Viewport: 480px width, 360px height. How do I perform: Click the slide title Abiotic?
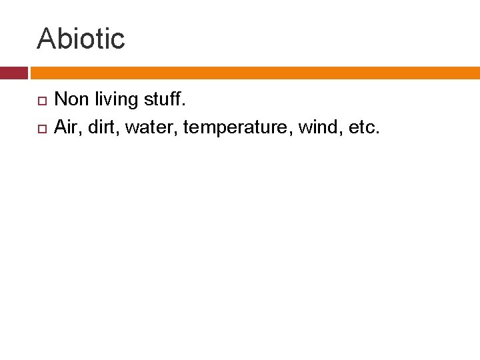[81, 39]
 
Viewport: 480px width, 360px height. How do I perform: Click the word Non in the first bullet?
[69, 100]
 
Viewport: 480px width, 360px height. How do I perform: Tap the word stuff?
[161, 100]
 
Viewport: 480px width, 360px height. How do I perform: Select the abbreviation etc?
[361, 126]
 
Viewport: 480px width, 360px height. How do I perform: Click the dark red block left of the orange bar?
[13, 73]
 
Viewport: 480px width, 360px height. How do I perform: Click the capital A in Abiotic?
[45, 39]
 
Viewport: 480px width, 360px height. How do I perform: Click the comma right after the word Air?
[81, 131]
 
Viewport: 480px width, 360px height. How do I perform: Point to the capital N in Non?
[61, 100]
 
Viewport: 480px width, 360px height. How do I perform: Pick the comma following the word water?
[175, 131]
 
